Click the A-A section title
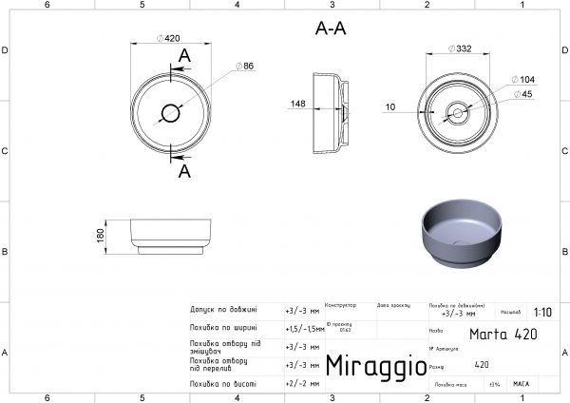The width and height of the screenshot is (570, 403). [x=330, y=29]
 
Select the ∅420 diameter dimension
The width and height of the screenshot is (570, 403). [x=169, y=39]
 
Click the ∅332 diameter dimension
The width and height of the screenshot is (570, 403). [x=459, y=47]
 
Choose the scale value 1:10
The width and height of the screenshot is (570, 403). [x=542, y=311]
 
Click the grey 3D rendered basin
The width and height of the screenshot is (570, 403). [x=457, y=234]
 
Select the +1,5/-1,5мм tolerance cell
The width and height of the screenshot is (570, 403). [x=304, y=328]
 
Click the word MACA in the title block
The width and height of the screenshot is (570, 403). [x=521, y=384]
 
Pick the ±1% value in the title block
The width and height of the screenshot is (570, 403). [x=494, y=384]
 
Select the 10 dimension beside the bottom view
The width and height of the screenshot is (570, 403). [x=390, y=106]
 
